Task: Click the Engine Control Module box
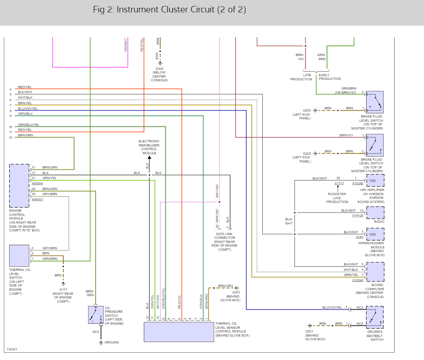click(x=19, y=185)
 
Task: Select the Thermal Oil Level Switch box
click(x=19, y=255)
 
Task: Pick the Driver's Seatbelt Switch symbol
click(x=374, y=317)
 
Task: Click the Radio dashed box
click(x=374, y=212)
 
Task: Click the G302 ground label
click(x=159, y=69)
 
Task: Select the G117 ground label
click(x=63, y=289)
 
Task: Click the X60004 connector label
click(x=38, y=184)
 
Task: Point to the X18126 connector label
click(x=358, y=215)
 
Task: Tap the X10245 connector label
click(x=358, y=280)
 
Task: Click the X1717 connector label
click(x=339, y=183)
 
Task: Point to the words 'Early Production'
click(x=330, y=77)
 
